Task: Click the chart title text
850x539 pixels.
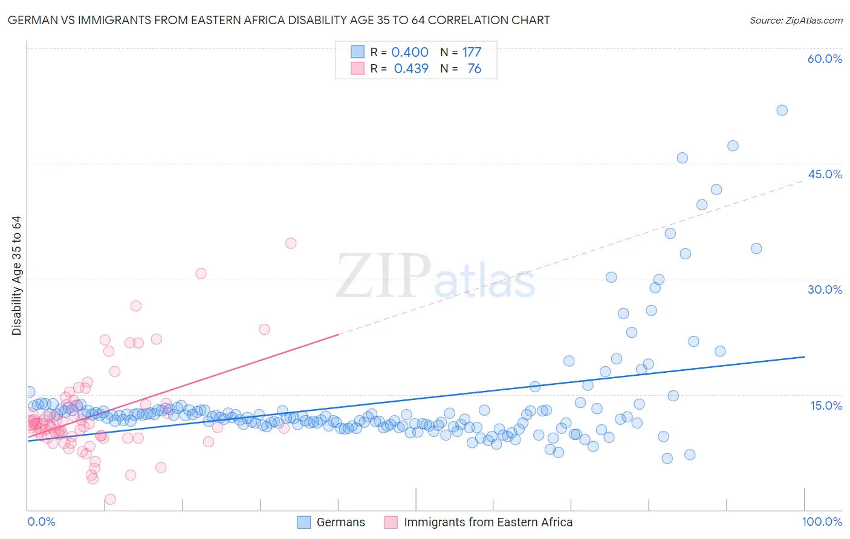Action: tap(279, 20)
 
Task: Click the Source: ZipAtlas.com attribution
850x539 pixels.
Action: tap(796, 20)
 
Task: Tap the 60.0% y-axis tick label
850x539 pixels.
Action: tap(825, 59)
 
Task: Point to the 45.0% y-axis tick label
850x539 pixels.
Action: tap(825, 174)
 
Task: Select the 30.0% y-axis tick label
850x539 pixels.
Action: tap(825, 289)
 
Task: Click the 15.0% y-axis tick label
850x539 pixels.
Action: tap(826, 405)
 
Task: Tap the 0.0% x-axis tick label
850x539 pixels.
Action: tap(41, 521)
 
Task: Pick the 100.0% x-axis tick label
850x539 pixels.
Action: tap(822, 521)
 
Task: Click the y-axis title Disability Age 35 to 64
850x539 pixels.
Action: tap(16, 276)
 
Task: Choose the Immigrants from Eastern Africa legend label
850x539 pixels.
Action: tap(488, 522)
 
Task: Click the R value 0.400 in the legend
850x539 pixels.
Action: tap(410, 52)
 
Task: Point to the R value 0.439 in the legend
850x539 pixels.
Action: tap(411, 68)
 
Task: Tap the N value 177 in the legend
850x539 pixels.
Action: tap(472, 52)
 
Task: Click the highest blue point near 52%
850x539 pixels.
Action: tap(782, 110)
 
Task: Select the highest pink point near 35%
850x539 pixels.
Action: tap(291, 243)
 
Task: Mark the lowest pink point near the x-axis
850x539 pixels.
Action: tap(110, 499)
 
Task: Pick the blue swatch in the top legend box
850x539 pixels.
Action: tap(357, 52)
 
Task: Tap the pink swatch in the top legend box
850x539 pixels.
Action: tap(357, 68)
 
